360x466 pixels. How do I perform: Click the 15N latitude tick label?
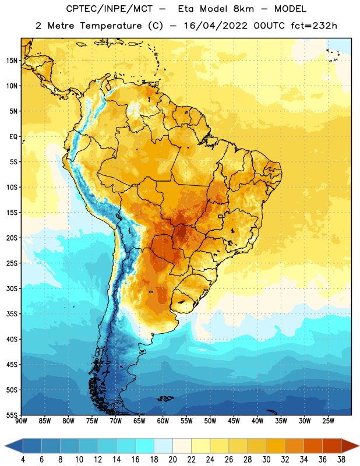coord(12,61)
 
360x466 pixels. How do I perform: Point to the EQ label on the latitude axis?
coord(13,137)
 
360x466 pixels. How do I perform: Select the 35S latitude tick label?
coord(12,314)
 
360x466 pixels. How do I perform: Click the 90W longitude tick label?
coord(21,421)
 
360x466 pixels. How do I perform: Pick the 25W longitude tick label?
coord(328,421)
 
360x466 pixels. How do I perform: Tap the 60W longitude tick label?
coord(163,421)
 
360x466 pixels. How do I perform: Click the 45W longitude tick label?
coord(234,421)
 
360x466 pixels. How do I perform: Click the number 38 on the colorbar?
coord(341,460)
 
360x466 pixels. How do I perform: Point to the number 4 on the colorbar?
coord(23,460)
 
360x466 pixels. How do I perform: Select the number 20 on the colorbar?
coord(172,460)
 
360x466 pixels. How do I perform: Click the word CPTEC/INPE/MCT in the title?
coord(110,9)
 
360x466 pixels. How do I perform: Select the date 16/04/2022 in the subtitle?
coord(215,26)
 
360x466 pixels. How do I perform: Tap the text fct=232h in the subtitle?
coord(314,26)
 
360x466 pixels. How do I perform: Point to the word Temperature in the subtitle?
coord(111,26)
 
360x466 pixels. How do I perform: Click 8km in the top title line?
coord(243,9)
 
